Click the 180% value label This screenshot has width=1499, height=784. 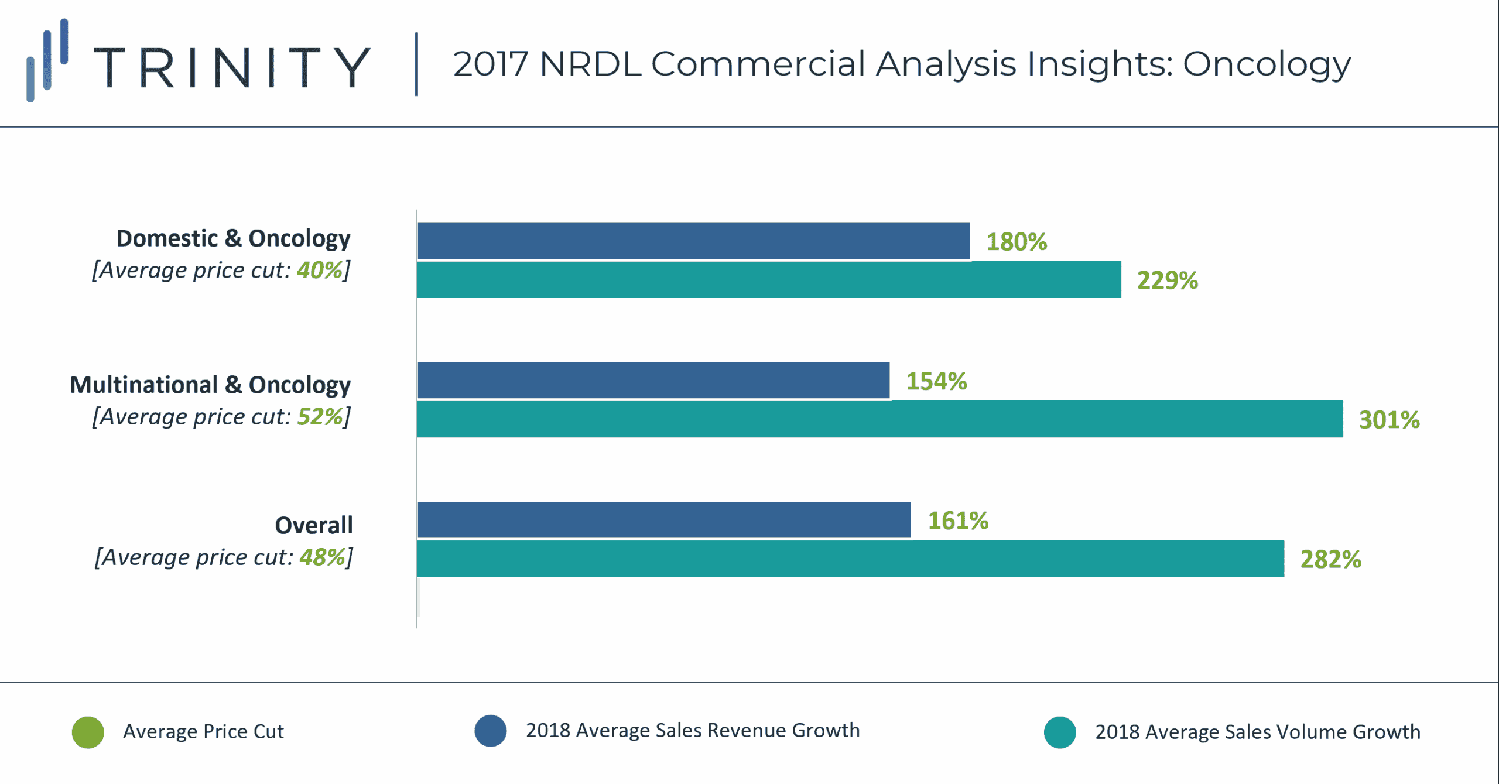(1017, 242)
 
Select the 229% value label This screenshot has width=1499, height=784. (1167, 280)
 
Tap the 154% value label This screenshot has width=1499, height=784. (936, 381)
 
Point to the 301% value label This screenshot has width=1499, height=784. (1389, 420)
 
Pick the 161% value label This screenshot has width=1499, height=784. (958, 521)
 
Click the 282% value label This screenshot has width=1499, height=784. (1330, 559)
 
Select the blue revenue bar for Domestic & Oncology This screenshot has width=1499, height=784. (693, 241)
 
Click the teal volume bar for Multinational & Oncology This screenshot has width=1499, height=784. (879, 419)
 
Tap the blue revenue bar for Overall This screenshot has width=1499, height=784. (664, 520)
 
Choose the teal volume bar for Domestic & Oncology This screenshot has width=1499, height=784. (769, 280)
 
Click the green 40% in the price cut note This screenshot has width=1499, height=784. (320, 271)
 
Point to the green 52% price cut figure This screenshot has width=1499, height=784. (320, 417)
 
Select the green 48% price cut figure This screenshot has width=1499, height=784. (323, 557)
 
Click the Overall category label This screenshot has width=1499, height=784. (314, 525)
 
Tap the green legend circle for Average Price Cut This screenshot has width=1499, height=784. (88, 732)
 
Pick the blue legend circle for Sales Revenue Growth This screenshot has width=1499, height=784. (491, 731)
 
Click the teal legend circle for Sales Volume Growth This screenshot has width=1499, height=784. (1060, 732)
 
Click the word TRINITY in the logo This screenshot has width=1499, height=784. (232, 67)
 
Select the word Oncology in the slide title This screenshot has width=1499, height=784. (1267, 64)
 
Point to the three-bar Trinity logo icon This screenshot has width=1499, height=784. (47, 60)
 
